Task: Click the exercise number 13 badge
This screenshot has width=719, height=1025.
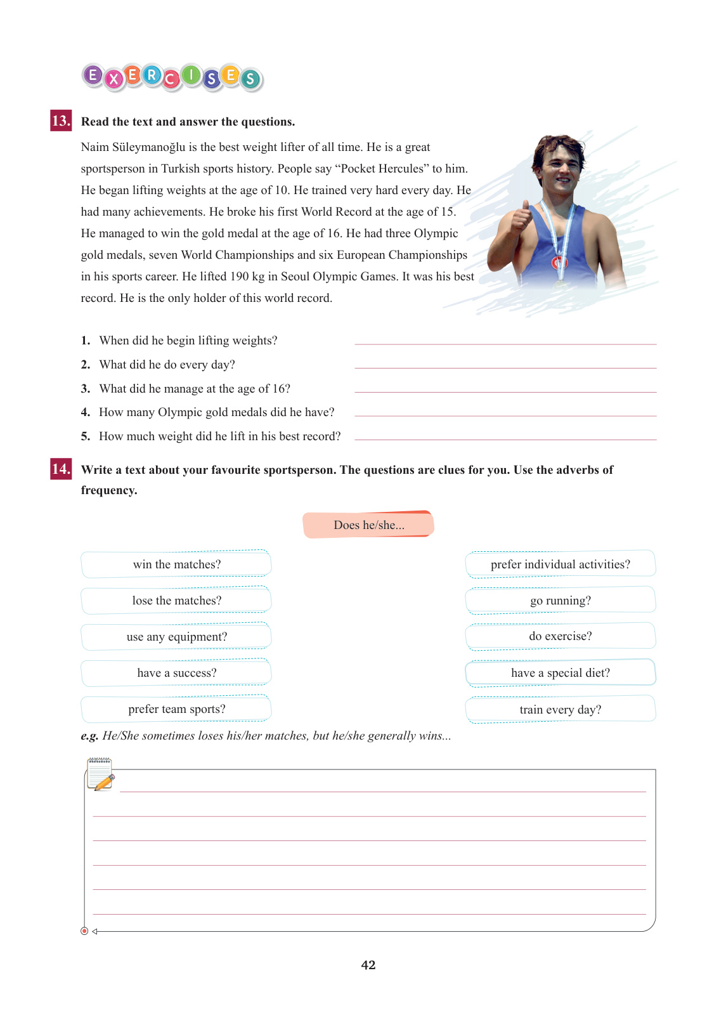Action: [x=61, y=121]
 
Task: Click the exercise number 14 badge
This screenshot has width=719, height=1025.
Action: [x=61, y=469]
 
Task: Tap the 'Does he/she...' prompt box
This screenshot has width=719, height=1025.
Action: [x=368, y=525]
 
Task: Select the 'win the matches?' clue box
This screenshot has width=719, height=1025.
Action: [x=176, y=564]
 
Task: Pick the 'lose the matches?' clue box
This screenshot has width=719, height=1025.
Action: [x=176, y=600]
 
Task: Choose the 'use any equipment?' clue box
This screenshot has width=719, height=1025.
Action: [x=176, y=636]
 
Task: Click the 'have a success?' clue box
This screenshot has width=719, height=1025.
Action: [x=176, y=672]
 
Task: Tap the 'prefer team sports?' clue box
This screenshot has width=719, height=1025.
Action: [x=176, y=708]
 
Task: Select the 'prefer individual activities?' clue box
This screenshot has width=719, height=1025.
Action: [x=560, y=564]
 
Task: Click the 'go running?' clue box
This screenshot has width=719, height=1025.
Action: [x=560, y=600]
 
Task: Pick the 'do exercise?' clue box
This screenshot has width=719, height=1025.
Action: [x=560, y=636]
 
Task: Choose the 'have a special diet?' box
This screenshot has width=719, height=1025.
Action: [x=560, y=672]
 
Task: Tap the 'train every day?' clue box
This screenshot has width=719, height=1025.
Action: [x=560, y=709]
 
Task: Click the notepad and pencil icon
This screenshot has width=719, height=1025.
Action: [x=100, y=774]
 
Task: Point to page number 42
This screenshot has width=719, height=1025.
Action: [x=368, y=965]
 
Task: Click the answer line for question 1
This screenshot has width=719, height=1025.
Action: [x=505, y=343]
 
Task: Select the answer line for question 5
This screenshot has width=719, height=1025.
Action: [x=505, y=438]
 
